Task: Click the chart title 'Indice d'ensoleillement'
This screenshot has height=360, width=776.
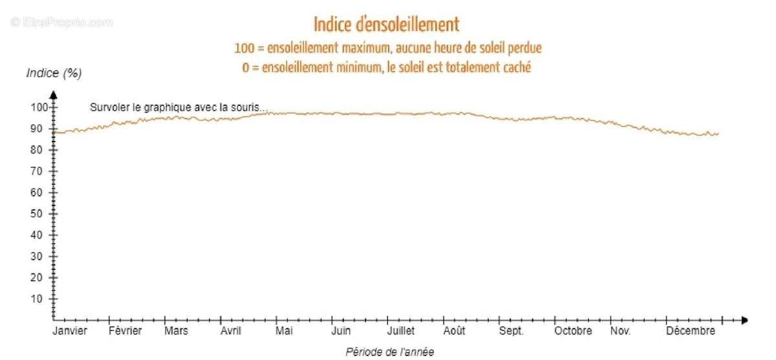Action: click(x=387, y=25)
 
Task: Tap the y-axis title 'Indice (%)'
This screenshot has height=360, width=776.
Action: click(x=54, y=73)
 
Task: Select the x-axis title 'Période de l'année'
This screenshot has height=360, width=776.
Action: click(x=390, y=352)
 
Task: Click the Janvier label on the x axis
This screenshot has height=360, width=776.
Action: click(x=70, y=331)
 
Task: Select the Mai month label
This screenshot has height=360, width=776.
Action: click(x=284, y=331)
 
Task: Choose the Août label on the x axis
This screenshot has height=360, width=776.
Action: click(x=454, y=331)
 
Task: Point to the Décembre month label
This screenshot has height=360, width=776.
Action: click(x=691, y=331)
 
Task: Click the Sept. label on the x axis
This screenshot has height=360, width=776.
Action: click(x=511, y=331)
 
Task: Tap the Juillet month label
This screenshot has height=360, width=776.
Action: click(x=400, y=331)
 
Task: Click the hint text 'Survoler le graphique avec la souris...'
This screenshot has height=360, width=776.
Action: click(x=178, y=108)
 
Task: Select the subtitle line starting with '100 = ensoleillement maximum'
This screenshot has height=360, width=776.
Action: click(x=387, y=48)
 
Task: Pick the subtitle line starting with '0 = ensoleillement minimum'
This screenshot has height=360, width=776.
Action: click(x=387, y=67)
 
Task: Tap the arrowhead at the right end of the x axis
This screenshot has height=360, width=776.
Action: click(x=744, y=320)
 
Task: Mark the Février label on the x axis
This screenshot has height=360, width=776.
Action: click(x=125, y=331)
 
